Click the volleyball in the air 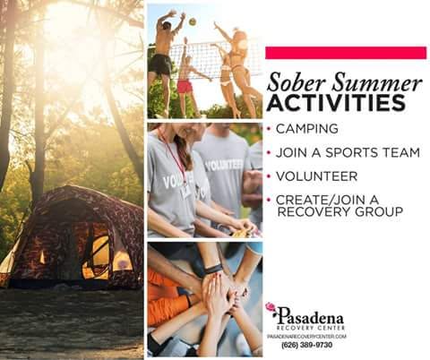tap(193, 21)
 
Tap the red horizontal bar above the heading tap(346, 53)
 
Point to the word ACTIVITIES tap(336, 102)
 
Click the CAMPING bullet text tap(307, 129)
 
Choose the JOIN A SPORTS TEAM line tap(348, 152)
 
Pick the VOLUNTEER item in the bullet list tap(316, 176)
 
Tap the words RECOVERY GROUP tap(340, 211)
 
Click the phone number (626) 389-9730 tap(306, 345)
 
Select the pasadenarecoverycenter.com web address tap(306, 337)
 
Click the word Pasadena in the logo tap(311, 317)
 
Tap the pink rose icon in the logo tap(271, 307)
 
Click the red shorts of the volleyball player tap(185, 86)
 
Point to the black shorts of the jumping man tap(160, 64)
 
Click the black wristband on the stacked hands tap(213, 270)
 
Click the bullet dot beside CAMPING tap(269, 129)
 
